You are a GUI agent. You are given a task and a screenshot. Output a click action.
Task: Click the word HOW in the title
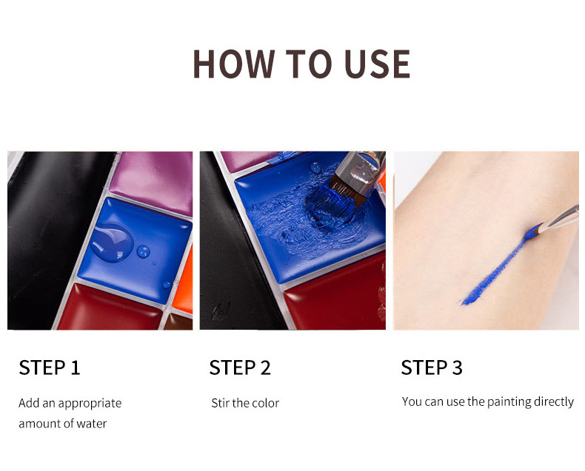click(234, 64)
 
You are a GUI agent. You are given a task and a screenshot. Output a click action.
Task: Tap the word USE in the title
click(377, 64)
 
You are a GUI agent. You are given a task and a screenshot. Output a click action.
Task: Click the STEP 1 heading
click(50, 367)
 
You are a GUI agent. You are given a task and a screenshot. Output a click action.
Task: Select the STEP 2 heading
click(240, 367)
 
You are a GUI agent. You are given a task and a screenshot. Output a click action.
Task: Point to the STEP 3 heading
click(432, 367)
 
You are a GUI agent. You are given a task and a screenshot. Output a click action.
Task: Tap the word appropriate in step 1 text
click(90, 404)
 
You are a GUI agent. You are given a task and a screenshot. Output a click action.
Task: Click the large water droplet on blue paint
click(112, 242)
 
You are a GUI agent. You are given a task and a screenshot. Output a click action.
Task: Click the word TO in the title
click(309, 64)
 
